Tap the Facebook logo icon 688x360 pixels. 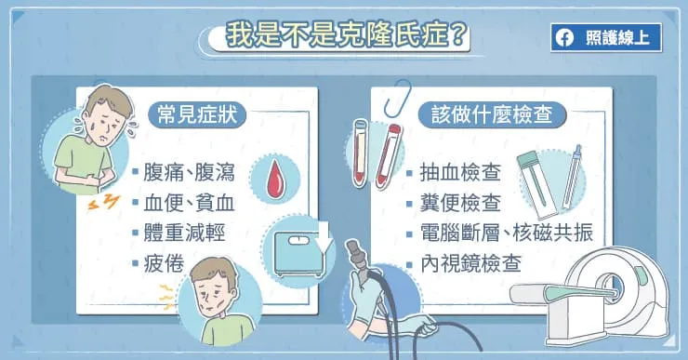click(563, 38)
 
